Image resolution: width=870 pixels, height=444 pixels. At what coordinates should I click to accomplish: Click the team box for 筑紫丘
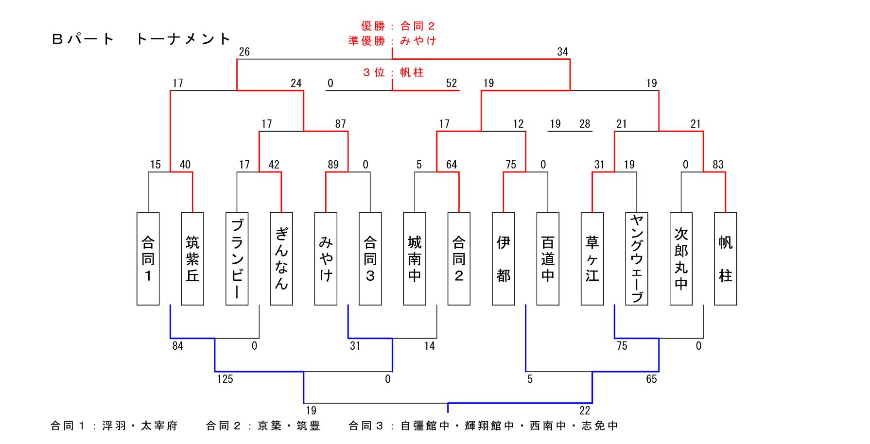[192, 258]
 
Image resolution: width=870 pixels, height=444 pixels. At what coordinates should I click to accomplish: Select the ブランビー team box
[237, 258]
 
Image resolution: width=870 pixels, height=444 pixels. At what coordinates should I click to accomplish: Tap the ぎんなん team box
[281, 258]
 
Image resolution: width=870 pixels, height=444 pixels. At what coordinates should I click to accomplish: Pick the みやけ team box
[326, 258]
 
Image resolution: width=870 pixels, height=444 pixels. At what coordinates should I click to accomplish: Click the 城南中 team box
[415, 258]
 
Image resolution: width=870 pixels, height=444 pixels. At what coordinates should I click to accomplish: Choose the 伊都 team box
[504, 258]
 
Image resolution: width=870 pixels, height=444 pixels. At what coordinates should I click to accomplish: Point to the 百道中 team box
[548, 258]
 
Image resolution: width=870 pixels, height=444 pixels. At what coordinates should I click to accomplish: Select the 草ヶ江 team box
[592, 258]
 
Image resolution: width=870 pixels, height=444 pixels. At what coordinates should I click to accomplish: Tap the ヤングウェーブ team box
[637, 258]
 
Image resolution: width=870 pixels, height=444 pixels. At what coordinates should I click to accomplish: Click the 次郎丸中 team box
[681, 258]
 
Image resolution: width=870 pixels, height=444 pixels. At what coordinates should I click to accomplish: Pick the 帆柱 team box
[726, 258]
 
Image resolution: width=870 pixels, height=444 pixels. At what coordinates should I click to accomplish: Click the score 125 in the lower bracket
[225, 379]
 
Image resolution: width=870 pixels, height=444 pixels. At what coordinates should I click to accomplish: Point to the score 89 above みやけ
[333, 165]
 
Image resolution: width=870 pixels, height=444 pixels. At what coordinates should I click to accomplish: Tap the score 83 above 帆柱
[718, 165]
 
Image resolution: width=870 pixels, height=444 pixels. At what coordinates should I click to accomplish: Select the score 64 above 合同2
[452, 165]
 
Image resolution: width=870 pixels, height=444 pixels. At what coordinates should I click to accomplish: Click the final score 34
[562, 52]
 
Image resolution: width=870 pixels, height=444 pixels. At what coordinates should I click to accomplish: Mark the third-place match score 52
[452, 84]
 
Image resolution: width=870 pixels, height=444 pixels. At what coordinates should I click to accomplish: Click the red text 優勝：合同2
[398, 26]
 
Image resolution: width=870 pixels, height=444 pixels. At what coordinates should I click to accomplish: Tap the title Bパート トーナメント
[141, 39]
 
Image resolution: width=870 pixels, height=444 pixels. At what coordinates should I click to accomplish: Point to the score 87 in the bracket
[340, 124]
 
